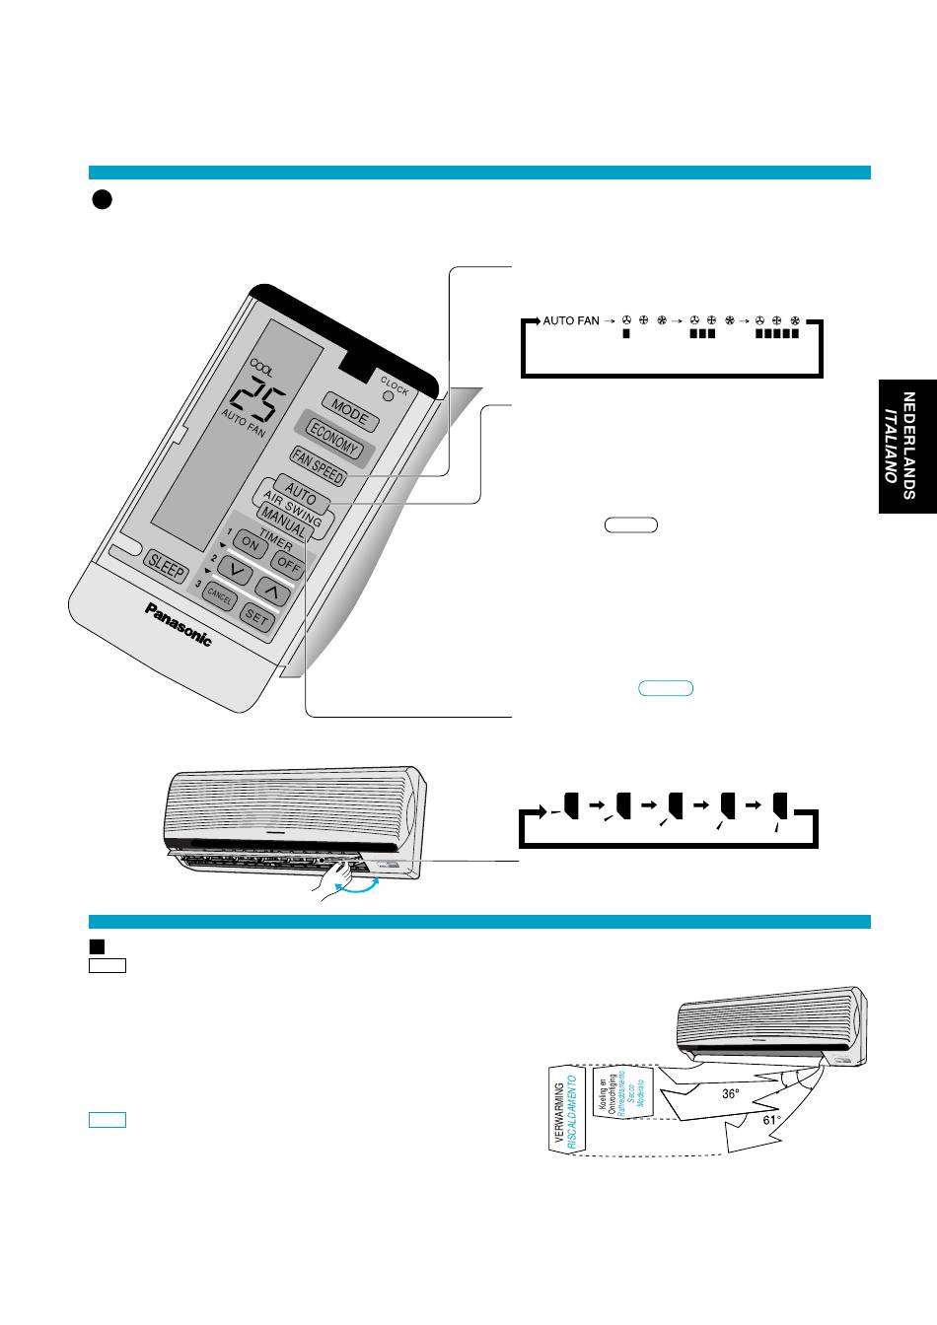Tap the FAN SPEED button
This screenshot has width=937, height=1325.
[317, 465]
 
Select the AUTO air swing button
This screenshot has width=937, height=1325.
[300, 492]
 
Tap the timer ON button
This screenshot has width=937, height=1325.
[251, 544]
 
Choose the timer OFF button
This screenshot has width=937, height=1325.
[287, 564]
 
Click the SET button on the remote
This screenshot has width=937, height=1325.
[256, 619]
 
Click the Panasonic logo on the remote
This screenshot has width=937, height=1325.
[179, 624]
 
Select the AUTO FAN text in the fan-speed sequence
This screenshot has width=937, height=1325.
[571, 321]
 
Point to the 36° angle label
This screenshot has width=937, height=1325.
[730, 1093]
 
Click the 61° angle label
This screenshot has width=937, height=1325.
[771, 1120]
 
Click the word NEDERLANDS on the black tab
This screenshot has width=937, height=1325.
[909, 446]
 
